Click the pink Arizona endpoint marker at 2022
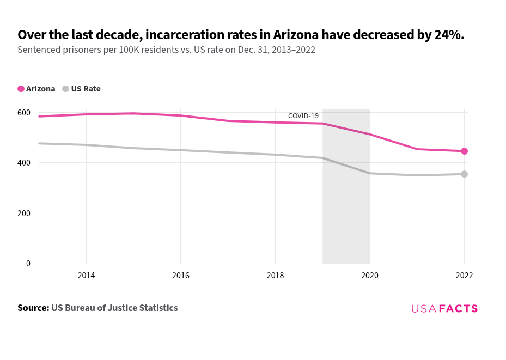464,151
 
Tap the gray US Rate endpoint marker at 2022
464,174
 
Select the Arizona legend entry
36,89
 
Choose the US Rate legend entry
82,89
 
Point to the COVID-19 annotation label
303,116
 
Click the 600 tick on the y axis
23,113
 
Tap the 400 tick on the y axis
23,163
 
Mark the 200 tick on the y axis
23,213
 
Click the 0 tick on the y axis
28,264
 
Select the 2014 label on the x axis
86,276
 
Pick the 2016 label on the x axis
180,276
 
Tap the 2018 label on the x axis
275,276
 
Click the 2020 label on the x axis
370,276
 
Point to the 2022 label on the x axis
464,276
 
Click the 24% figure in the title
448,35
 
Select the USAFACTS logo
444,308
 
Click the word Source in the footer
33,308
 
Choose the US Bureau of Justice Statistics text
114,308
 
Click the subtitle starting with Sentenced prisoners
166,50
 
